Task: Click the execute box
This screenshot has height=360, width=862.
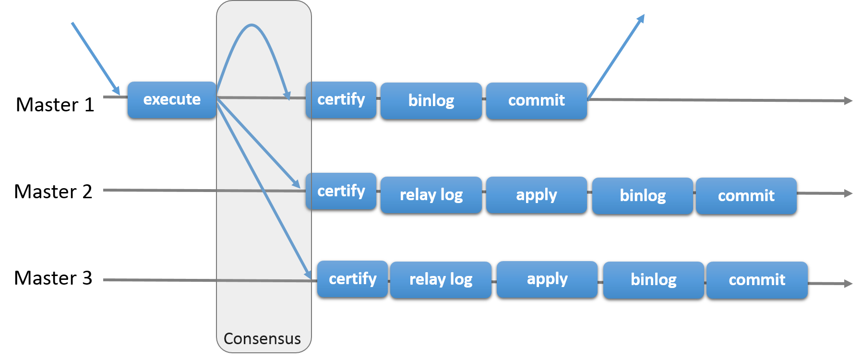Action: tap(172, 99)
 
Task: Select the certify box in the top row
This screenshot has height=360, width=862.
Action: tap(341, 99)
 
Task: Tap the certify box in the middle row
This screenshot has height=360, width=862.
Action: tap(341, 191)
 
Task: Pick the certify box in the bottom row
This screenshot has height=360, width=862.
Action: tap(352, 279)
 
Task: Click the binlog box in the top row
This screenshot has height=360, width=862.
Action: tap(431, 100)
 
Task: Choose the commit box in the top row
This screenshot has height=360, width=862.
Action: tap(536, 100)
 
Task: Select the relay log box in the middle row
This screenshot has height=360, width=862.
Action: tap(431, 195)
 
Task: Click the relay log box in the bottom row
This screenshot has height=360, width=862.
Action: tap(441, 279)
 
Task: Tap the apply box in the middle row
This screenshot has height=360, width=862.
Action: tap(536, 195)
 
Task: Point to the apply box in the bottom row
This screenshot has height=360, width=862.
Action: tap(547, 279)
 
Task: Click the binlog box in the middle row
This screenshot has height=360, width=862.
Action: tap(642, 195)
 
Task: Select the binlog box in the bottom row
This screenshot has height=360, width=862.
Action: tap(653, 280)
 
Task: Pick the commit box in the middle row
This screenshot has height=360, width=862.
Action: tap(746, 195)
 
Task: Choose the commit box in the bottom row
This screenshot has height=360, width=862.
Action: tap(757, 280)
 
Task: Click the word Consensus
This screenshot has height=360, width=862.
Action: tap(262, 338)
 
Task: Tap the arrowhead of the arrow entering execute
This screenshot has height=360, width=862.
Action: tap(117, 91)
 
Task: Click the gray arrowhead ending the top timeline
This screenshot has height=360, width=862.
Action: tap(849, 101)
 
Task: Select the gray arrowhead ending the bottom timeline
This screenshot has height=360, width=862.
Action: tap(849, 284)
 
